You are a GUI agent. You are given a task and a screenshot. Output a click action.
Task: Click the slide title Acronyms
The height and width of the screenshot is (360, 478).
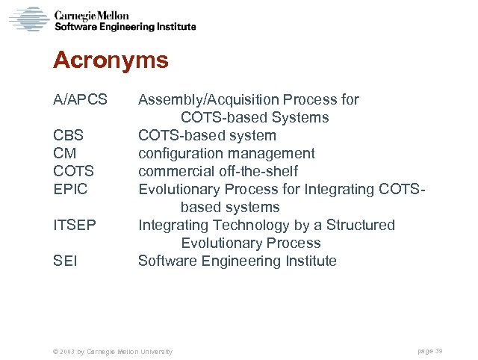point(111,60)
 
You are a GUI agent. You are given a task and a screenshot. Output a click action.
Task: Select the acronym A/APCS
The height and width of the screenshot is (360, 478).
point(80,99)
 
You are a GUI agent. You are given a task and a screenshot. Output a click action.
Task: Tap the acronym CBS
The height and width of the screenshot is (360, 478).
point(68,135)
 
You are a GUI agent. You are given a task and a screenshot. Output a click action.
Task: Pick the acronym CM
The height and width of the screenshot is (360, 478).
point(64,153)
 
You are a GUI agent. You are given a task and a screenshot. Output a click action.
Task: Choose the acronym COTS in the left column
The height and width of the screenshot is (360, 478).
point(73,171)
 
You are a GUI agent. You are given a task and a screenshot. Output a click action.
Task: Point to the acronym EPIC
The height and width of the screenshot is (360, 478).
point(70,189)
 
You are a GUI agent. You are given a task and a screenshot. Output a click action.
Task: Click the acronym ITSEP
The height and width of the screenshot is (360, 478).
point(75,225)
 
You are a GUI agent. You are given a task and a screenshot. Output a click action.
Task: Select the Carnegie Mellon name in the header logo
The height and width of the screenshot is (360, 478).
point(91,16)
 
